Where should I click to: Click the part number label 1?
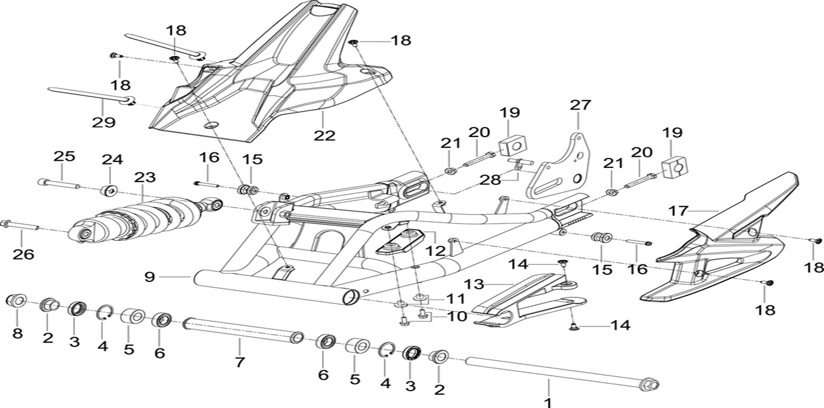[x=548, y=402]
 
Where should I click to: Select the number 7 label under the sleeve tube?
[x=239, y=362]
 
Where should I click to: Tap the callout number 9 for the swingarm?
[x=149, y=276]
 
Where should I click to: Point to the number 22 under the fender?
[x=324, y=135]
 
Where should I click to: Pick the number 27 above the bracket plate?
[x=579, y=105]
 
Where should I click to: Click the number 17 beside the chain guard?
[x=679, y=210]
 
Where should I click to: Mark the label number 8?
[x=18, y=333]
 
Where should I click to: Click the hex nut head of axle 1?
[x=651, y=385]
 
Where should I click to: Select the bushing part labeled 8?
[x=17, y=299]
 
